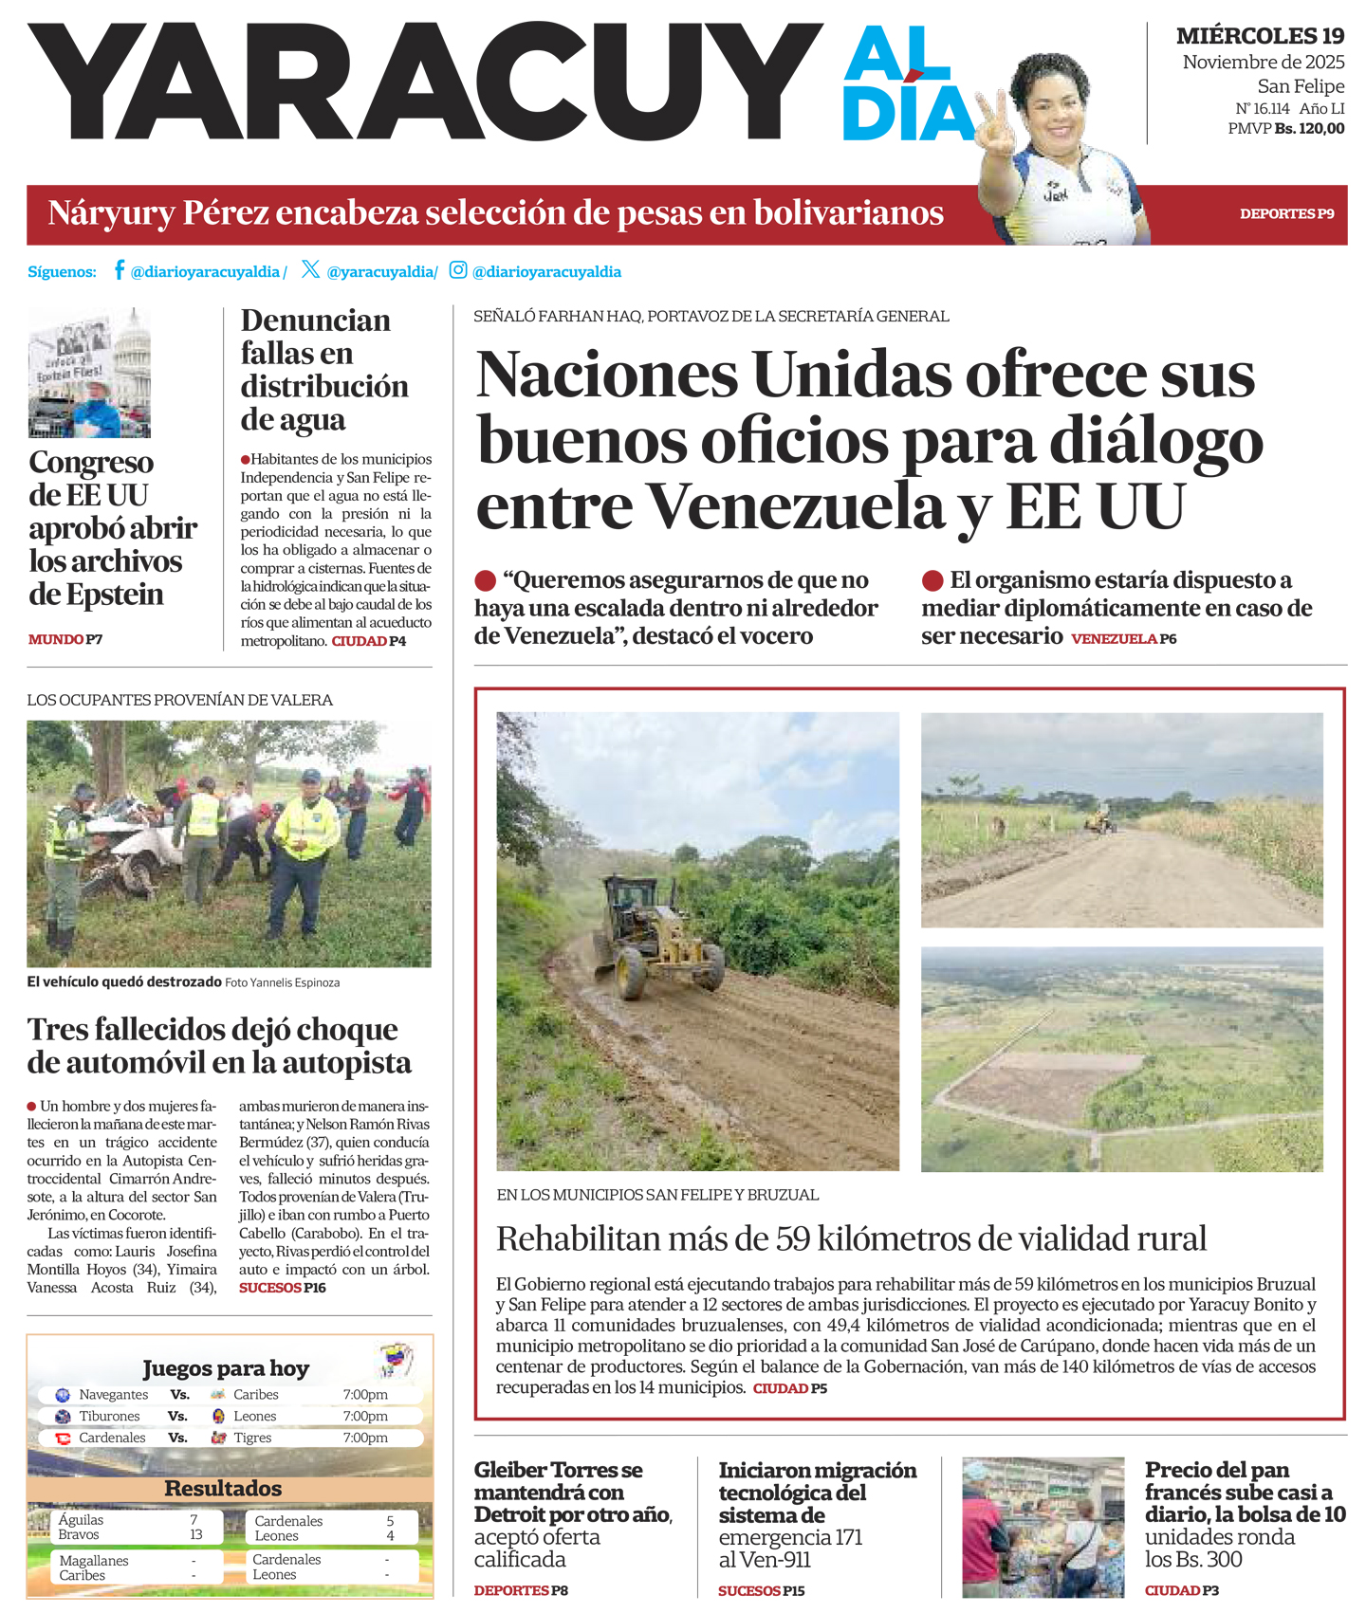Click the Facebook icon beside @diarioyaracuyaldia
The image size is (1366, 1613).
pos(120,270)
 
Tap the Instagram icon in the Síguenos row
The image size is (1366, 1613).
pos(458,270)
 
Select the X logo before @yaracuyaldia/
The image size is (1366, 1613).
pos(310,270)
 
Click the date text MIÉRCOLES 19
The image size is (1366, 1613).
pos(1260,36)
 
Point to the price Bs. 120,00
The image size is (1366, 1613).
pos(1309,129)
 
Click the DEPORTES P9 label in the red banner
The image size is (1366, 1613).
pos(1286,214)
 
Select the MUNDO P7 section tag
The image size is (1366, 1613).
pos(65,640)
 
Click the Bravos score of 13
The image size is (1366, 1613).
pos(196,1534)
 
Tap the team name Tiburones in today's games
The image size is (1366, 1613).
pos(110,1416)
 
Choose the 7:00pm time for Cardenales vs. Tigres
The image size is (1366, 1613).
pos(365,1438)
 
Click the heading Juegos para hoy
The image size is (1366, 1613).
pos(226,1368)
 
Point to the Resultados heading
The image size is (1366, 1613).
pos(223,1488)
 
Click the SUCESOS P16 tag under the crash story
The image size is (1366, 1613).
pos(282,1288)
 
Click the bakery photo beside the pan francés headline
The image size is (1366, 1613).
pos(1043,1527)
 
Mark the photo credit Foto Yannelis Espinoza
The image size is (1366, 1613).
pos(282,983)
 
